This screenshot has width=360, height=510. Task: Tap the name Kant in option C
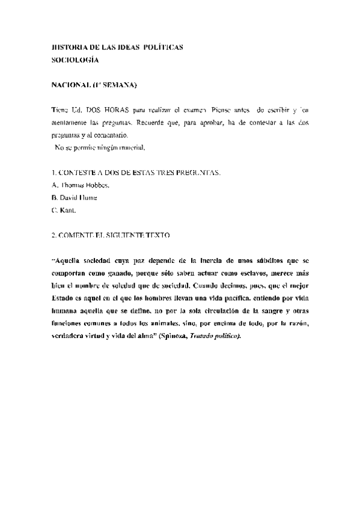coord(67,210)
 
